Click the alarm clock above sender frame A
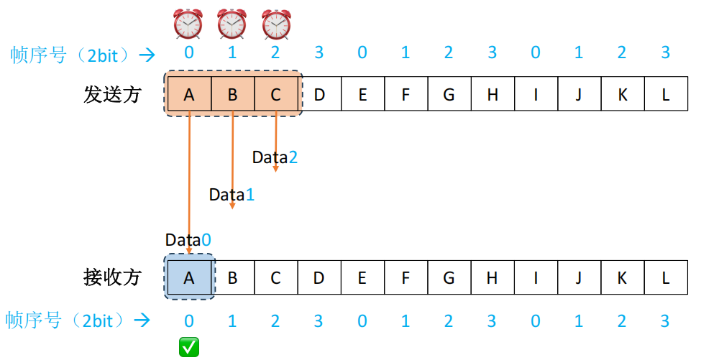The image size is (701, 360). coord(189,24)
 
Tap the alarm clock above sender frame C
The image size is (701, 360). coord(276,24)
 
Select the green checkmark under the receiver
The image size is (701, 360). coord(189,348)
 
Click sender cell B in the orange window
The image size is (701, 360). coord(232,93)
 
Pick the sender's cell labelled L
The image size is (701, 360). coord(666,93)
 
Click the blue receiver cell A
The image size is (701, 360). coord(189,277)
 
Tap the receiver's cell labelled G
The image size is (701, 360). coord(449,277)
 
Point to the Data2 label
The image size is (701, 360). coord(275,157)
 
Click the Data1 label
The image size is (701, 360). coord(232,194)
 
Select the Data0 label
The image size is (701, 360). coord(188,240)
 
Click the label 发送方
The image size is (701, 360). coord(112,94)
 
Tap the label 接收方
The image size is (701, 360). coord(112,277)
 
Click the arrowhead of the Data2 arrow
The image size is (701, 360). coord(276,169)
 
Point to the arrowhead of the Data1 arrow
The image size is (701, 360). coord(232,206)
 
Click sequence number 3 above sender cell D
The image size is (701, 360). coord(319,52)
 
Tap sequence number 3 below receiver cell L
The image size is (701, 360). coord(666,320)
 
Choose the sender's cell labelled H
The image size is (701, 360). coord(492,93)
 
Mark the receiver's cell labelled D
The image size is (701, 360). coord(319,277)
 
